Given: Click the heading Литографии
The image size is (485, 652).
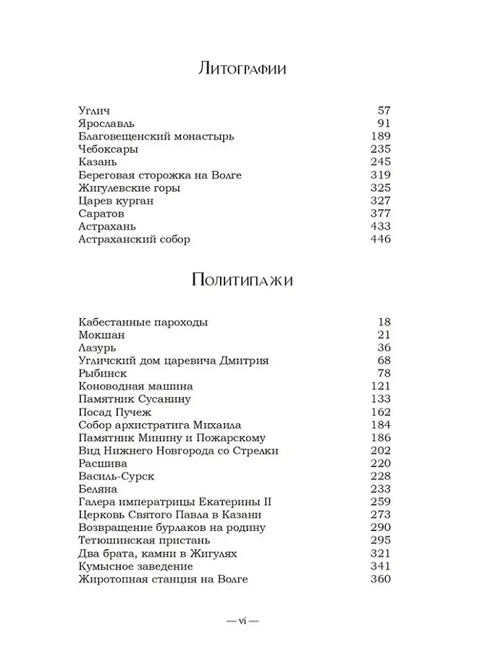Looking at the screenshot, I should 242,70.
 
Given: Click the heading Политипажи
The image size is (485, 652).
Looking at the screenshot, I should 242,281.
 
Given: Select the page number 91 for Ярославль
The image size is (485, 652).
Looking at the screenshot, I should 384,123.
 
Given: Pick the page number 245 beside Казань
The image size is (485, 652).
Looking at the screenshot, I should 380,162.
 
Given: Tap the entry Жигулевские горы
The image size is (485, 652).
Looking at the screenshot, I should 129,188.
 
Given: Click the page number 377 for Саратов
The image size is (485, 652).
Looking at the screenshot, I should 380,214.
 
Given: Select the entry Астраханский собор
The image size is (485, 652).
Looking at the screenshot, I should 134,240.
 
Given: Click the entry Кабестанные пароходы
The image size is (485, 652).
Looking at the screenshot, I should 145,322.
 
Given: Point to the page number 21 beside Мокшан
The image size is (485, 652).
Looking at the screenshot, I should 384,335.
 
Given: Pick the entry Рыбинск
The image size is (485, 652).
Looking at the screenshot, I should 102,373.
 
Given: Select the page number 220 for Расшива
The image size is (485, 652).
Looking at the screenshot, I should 380,463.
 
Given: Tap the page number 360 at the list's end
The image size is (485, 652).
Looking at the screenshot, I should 380,579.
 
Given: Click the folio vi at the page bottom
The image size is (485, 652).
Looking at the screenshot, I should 242,621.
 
